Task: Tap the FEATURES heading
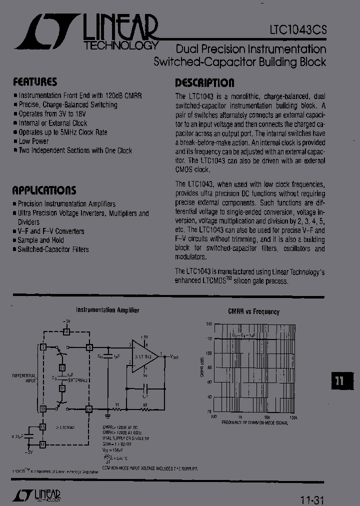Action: click(x=35, y=81)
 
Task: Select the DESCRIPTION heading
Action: click(x=204, y=82)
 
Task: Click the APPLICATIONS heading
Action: click(x=44, y=190)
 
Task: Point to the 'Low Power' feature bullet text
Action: click(x=33, y=141)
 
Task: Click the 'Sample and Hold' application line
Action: click(x=40, y=240)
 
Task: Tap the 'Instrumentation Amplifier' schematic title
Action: click(x=107, y=310)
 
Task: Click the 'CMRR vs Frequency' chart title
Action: click(x=253, y=311)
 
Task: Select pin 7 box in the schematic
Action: click(x=43, y=347)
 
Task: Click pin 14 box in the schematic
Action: click(x=89, y=409)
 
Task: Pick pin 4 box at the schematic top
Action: click(x=66, y=331)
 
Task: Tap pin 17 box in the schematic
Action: click(x=43, y=443)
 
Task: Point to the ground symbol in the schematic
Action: click(x=107, y=414)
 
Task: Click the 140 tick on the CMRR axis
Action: click(x=209, y=324)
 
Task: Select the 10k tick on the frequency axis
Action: click(x=267, y=416)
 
